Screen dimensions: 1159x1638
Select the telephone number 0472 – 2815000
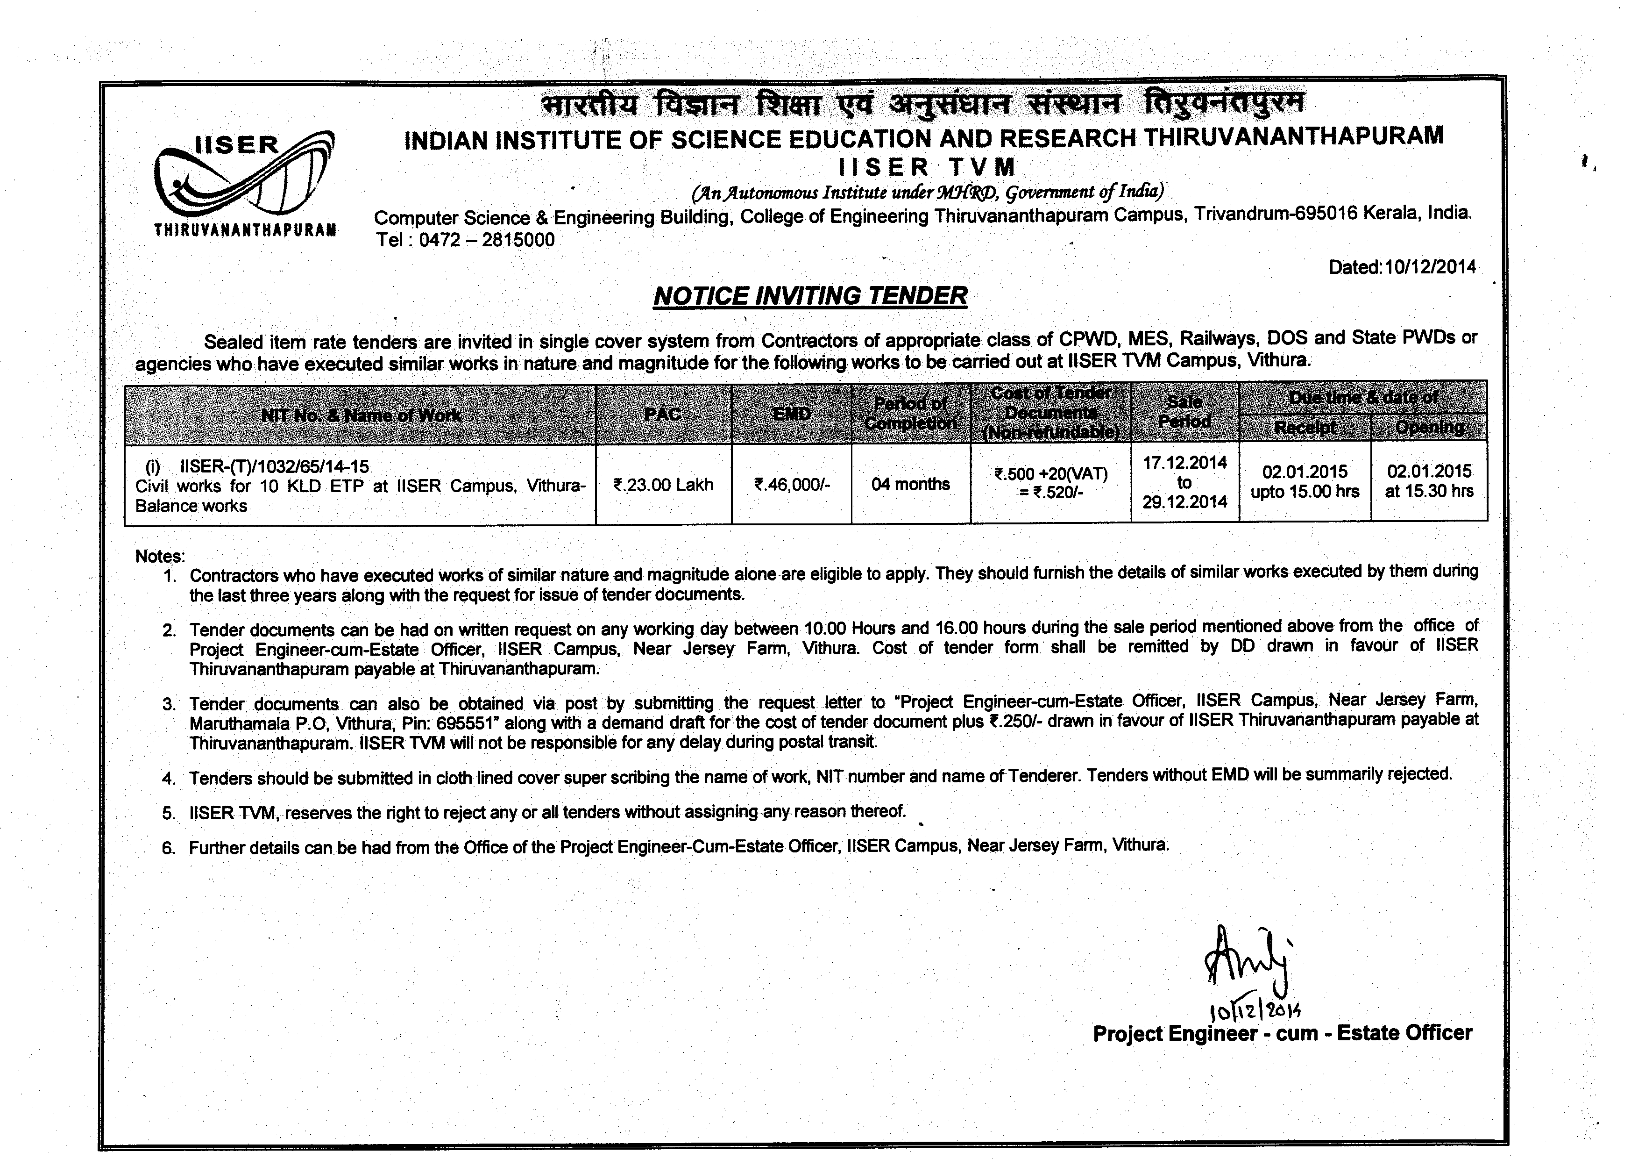point(487,240)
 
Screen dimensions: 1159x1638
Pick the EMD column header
point(791,414)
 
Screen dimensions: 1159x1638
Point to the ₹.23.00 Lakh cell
point(663,485)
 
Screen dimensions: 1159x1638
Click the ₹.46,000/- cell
point(792,485)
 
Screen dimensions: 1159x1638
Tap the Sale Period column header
point(1184,412)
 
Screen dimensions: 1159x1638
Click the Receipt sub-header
point(1305,428)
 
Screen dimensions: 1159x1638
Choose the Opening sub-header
point(1429,428)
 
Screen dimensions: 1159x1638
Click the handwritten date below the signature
point(1255,1009)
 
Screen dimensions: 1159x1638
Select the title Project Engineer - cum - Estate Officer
point(1282,1033)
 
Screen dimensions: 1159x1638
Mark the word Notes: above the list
point(160,556)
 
